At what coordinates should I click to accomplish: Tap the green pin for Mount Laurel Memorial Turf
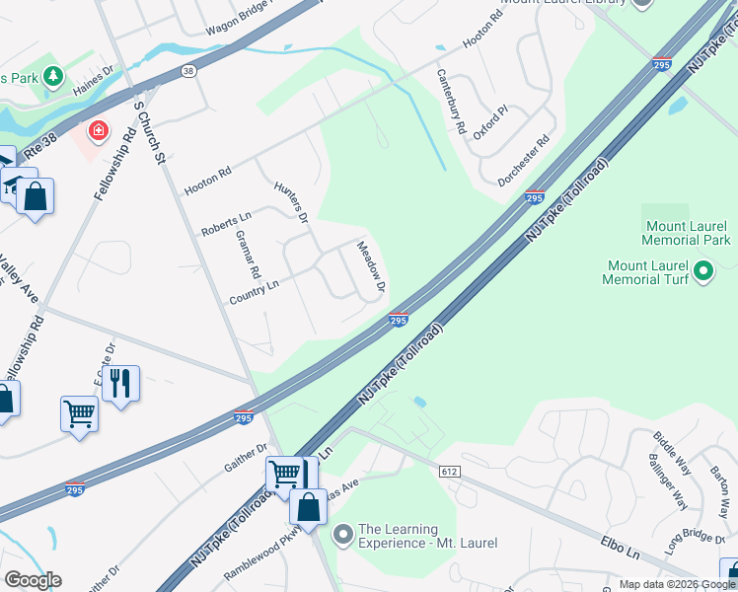tap(703, 269)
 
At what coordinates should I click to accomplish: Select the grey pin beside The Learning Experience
tap(343, 535)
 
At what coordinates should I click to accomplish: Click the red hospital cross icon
tap(99, 130)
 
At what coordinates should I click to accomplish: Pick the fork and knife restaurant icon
tap(120, 382)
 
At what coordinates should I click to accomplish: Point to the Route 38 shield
tap(188, 71)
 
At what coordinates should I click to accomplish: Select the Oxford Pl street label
tap(489, 121)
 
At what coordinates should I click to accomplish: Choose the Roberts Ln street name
tap(226, 222)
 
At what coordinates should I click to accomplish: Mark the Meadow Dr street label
tap(369, 269)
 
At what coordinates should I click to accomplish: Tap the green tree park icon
tap(52, 76)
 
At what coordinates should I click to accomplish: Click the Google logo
tap(33, 580)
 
